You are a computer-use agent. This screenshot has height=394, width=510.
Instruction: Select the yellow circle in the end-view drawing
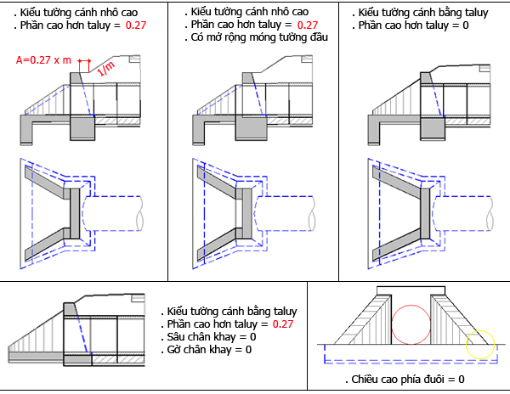tap(479, 344)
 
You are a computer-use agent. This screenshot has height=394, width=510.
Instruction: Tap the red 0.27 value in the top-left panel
tap(135, 26)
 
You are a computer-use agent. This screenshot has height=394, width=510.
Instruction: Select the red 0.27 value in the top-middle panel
tap(308, 25)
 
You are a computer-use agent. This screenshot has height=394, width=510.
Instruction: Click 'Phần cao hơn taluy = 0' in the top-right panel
tap(413, 26)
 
